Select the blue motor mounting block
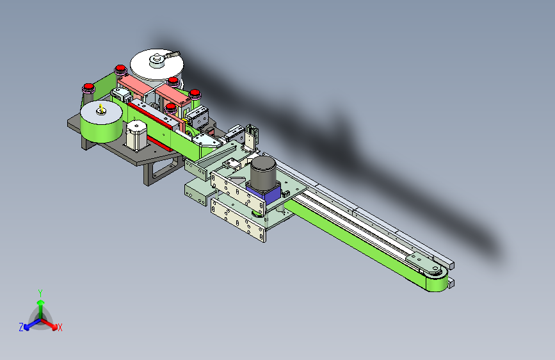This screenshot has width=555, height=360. coord(264,193)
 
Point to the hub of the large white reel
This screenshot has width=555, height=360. coord(157,60)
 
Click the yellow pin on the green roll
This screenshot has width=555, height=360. coord(101,108)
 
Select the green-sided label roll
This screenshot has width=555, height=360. coord(101,122)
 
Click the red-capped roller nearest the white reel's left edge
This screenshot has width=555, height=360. coord(120,71)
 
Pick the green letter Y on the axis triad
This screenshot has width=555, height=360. coord(40,293)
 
